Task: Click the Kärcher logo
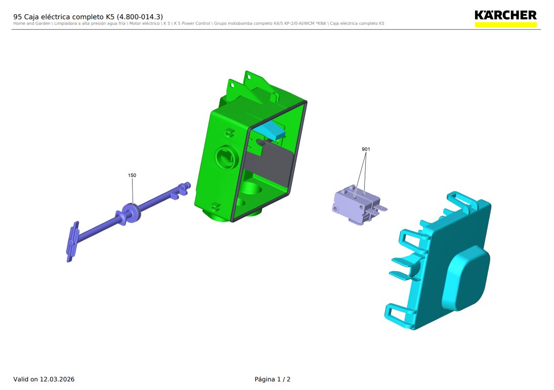click(x=505, y=18)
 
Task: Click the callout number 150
click(x=132, y=175)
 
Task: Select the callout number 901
click(x=366, y=149)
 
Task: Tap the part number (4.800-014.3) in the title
click(x=140, y=17)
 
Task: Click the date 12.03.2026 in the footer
click(x=57, y=379)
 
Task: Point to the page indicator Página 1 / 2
click(x=272, y=379)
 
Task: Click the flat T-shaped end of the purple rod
click(x=72, y=242)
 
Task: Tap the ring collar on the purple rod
click(x=131, y=213)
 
